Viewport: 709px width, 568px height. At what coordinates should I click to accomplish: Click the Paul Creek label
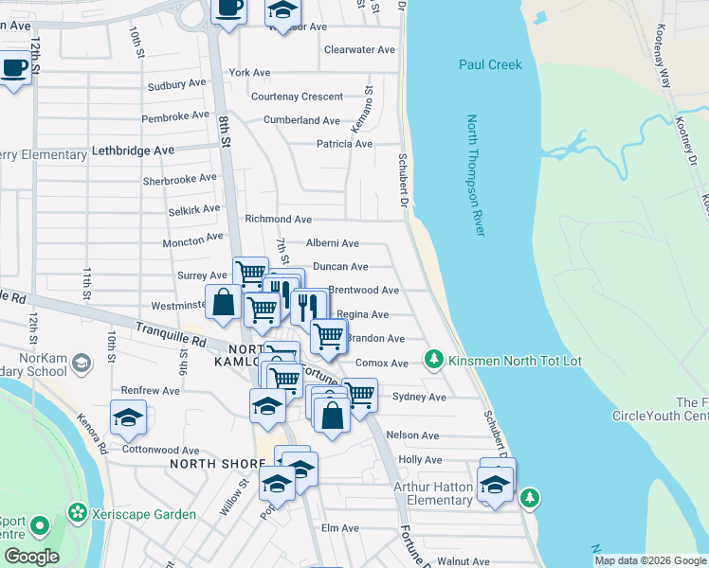click(x=490, y=64)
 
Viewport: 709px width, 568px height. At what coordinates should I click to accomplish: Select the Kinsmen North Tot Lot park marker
click(x=434, y=360)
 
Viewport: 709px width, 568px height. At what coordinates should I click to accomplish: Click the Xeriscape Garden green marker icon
click(x=77, y=514)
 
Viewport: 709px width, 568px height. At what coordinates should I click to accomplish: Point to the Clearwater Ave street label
click(x=359, y=49)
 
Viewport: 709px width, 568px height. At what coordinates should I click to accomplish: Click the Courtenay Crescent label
click(x=297, y=97)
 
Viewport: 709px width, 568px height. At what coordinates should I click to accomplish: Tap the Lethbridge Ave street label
click(x=133, y=151)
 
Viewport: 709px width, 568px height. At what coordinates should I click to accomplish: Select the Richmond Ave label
click(x=278, y=219)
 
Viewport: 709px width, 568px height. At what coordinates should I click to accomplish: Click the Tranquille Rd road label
click(x=171, y=333)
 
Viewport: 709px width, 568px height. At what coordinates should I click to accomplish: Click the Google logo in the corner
click(x=30, y=556)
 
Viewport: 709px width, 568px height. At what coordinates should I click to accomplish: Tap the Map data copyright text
click(x=649, y=560)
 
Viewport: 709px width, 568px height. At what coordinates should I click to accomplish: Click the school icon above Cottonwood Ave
click(x=129, y=417)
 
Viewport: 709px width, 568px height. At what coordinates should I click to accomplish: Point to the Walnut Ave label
click(x=464, y=561)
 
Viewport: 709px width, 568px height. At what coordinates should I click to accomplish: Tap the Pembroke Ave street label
click(x=174, y=115)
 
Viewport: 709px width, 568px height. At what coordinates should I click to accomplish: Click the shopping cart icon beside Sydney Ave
click(x=359, y=394)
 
